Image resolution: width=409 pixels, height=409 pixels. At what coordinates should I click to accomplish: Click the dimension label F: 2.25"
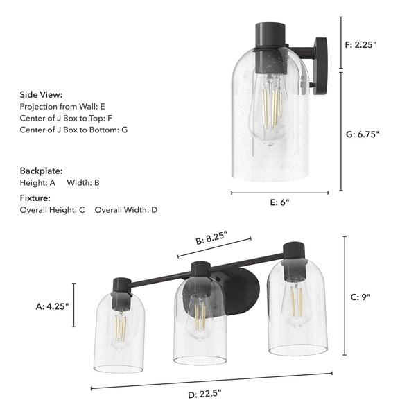(360, 44)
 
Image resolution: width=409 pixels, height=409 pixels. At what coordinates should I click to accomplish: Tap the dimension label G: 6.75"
(362, 134)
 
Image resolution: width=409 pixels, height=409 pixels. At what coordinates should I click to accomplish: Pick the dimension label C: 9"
(361, 297)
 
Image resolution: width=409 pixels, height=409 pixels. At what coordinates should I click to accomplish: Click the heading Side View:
(41, 94)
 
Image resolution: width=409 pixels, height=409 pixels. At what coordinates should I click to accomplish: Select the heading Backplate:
(41, 170)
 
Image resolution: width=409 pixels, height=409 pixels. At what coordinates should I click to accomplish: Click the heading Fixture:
(35, 198)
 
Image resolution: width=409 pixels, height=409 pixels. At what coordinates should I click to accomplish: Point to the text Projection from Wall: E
(62, 106)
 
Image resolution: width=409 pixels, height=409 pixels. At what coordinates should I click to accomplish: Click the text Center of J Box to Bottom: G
(73, 130)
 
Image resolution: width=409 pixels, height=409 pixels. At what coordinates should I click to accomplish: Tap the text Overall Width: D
(126, 209)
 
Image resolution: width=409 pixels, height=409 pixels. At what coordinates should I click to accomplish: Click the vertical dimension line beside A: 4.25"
(74, 304)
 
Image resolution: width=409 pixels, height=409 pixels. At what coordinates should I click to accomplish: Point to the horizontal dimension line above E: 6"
(279, 193)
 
